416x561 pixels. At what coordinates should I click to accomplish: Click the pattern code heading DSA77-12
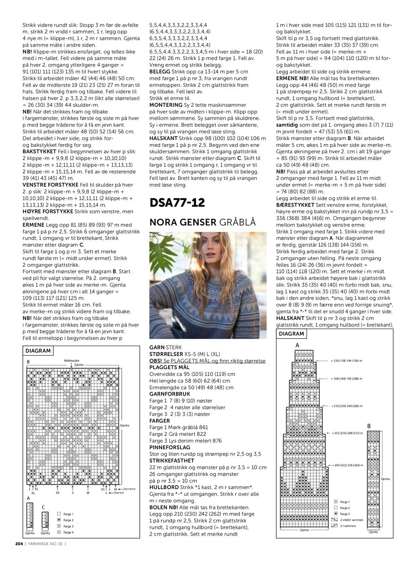click(177, 203)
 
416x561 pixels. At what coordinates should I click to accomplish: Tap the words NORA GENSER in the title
click(183, 222)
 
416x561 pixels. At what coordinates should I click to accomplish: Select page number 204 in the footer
click(19, 544)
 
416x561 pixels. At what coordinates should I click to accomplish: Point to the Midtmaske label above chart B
click(72, 361)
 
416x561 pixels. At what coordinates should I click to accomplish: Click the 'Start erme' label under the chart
click(129, 489)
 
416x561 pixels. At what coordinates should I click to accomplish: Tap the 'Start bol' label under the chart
click(119, 493)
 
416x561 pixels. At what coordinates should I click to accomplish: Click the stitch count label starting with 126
click(347, 361)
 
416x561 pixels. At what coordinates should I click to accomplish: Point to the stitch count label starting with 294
click(347, 465)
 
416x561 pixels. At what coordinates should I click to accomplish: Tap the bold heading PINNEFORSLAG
click(169, 447)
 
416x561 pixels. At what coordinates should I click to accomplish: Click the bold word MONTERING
click(166, 105)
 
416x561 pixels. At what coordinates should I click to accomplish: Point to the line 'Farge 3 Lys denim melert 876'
click(185, 440)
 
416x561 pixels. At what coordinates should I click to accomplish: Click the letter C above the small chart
click(43, 507)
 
